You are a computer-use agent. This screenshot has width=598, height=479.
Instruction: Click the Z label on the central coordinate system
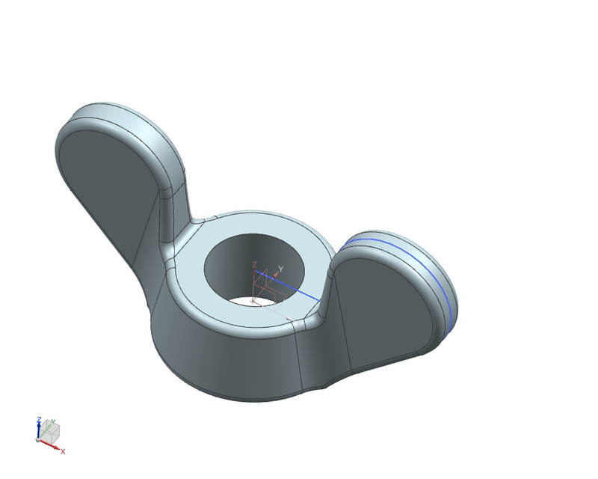pos(255,264)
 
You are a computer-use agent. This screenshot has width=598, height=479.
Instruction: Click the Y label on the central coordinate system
pos(281,269)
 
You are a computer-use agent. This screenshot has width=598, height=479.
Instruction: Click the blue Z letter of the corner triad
pos(39,420)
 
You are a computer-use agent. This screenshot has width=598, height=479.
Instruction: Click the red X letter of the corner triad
pos(63,451)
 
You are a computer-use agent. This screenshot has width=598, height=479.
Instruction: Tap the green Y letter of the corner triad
pos(53,421)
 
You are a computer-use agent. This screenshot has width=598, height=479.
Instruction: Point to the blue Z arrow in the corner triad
pos(39,430)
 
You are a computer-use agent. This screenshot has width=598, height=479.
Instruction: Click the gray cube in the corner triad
pos(49,432)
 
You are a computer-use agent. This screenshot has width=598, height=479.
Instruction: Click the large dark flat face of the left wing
pos(105,187)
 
